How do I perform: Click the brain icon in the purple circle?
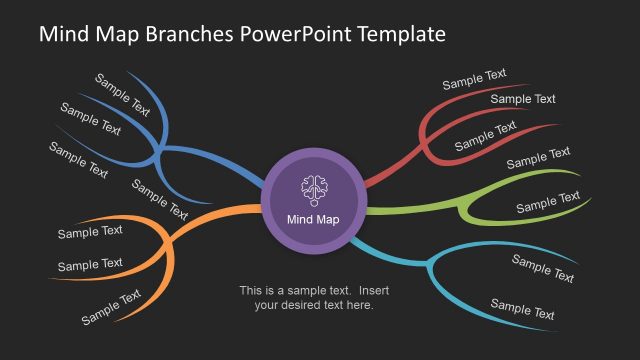point(314,189)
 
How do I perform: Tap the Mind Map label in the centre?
point(313,220)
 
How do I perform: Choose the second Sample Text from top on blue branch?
point(90,119)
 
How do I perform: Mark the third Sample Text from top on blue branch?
point(78,160)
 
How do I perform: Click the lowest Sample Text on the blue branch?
point(159,198)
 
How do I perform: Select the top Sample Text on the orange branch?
point(90,232)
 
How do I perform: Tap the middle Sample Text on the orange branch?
point(90,265)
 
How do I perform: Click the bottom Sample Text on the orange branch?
point(111,307)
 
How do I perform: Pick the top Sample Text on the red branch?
point(474,80)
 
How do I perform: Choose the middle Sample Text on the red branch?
point(523,99)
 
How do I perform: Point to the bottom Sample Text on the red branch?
point(486,136)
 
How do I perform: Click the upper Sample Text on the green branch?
point(538,158)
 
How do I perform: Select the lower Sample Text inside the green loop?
point(547,202)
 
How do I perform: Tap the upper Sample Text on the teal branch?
point(543,268)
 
